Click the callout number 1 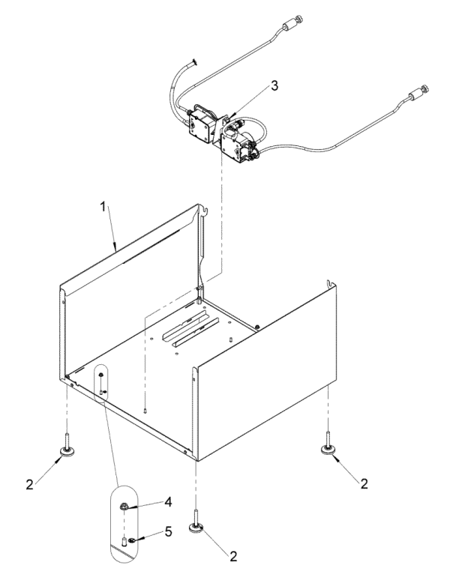(103, 207)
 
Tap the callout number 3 (274, 85)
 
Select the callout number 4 (167, 502)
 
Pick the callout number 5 (168, 531)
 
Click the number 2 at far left (30, 484)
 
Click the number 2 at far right (364, 483)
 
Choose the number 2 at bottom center (233, 556)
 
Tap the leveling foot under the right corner (328, 444)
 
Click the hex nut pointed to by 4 (123, 506)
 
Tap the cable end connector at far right (418, 93)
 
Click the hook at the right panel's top (330, 284)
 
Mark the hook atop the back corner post (205, 211)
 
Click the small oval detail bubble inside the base (102, 382)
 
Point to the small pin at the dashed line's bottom (145, 411)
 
